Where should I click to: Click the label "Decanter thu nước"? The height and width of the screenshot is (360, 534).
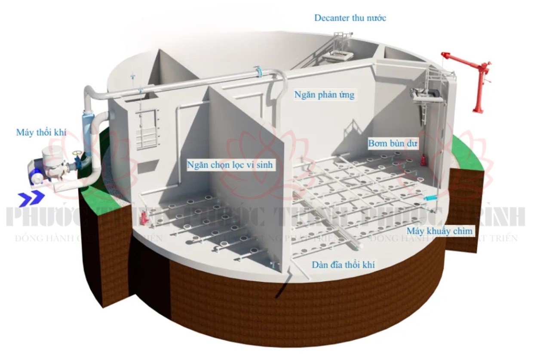(x=350, y=18)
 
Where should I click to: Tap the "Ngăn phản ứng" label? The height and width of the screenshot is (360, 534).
(x=324, y=95)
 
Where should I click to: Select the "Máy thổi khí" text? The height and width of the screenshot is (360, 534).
(x=41, y=132)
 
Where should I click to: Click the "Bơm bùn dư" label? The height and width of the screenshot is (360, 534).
(x=393, y=144)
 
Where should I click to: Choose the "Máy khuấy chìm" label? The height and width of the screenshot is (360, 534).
(x=440, y=231)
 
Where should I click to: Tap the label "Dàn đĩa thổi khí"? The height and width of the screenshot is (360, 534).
(x=343, y=265)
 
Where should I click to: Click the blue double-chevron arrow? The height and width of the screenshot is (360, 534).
(x=31, y=197)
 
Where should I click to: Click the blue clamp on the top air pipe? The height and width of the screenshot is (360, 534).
(x=259, y=72)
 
